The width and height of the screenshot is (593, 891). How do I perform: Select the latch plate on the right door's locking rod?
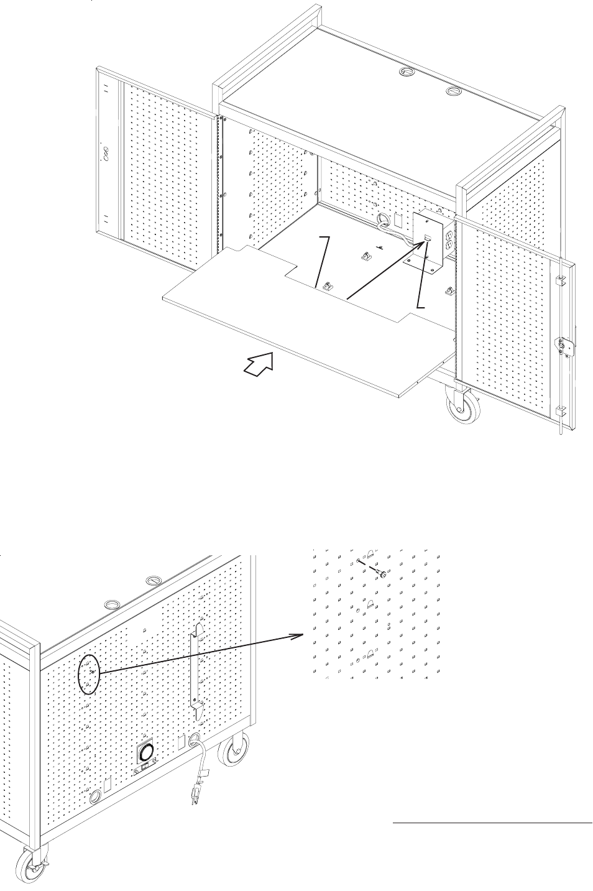(564, 346)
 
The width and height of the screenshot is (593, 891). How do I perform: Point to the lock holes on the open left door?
(105, 151)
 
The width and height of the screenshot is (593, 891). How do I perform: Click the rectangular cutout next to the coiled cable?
(398, 221)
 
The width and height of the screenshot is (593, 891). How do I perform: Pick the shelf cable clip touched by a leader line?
(325, 287)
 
